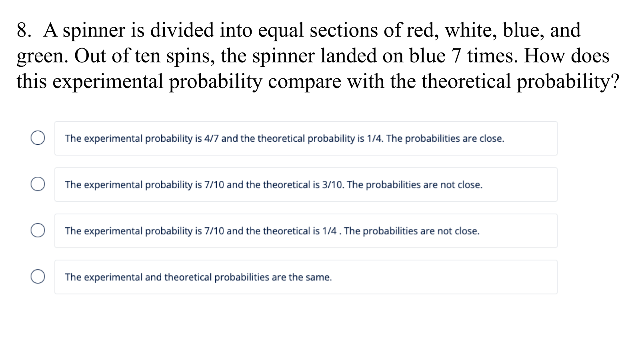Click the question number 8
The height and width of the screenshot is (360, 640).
[24, 30]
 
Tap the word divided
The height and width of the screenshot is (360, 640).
[182, 30]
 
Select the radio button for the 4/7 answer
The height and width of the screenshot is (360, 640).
[38, 138]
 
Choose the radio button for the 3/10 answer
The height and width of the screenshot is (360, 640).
[38, 184]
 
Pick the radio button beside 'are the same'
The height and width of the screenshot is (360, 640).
[38, 276]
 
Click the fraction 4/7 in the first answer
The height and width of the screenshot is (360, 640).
[212, 138]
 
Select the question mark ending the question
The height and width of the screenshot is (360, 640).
[614, 81]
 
